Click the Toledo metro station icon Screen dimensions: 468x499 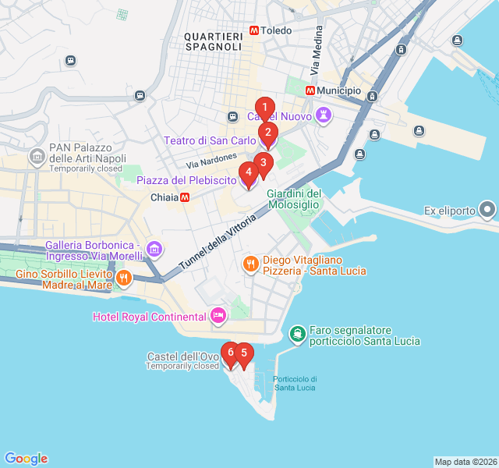click(254, 30)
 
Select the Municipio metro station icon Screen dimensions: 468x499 click(310, 90)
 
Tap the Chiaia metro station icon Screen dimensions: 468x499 click(185, 197)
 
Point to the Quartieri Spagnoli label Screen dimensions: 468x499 click(214, 41)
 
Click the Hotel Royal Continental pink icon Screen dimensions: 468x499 click(218, 316)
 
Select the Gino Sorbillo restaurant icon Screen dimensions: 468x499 click(123, 278)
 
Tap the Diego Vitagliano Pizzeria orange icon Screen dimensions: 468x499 click(250, 264)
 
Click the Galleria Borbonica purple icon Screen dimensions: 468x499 click(154, 250)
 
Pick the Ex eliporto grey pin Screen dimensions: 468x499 click(487, 210)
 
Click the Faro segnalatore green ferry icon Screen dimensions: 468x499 click(298, 335)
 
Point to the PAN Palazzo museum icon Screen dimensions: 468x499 click(37, 157)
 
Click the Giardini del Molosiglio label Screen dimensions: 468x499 click(294, 199)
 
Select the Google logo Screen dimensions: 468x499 click(26, 459)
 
